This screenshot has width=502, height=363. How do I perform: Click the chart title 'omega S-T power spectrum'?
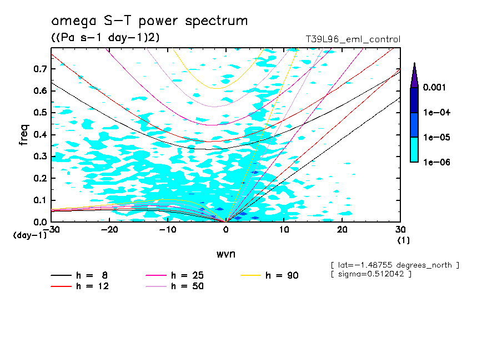click(x=149, y=21)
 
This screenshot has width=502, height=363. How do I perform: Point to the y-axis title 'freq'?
click(x=24, y=135)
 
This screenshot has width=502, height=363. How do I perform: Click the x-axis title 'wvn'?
click(x=225, y=254)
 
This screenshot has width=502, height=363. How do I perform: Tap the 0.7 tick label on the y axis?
click(x=39, y=69)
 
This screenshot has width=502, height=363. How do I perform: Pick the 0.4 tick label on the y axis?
click(x=39, y=135)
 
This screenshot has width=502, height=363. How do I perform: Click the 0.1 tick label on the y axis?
click(x=39, y=200)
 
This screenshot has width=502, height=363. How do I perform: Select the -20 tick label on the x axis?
click(x=109, y=230)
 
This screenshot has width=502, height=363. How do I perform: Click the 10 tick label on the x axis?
click(x=284, y=230)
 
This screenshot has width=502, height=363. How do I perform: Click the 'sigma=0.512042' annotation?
click(x=370, y=274)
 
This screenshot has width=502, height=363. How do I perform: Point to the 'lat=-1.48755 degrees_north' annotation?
click(x=395, y=265)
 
